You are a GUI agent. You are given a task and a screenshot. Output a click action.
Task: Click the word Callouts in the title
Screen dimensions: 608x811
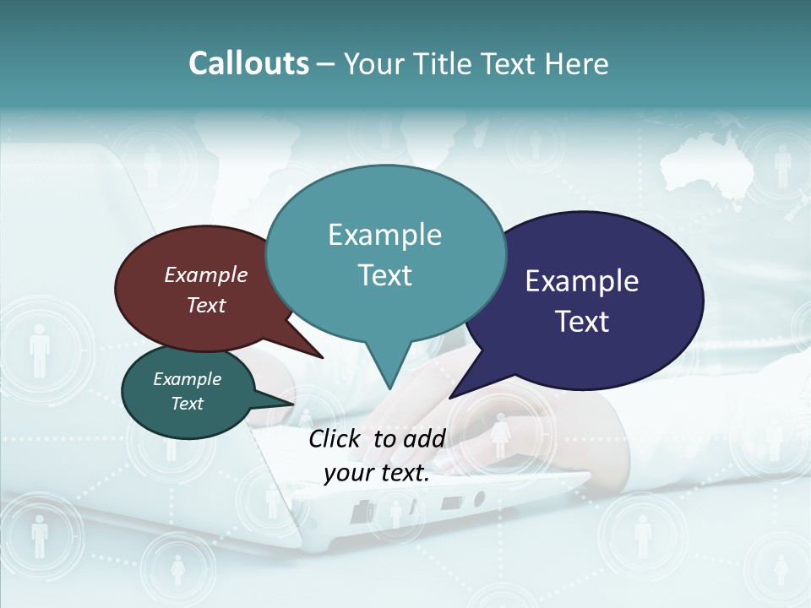(248, 63)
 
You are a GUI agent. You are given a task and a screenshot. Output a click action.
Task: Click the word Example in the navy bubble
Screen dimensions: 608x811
(582, 281)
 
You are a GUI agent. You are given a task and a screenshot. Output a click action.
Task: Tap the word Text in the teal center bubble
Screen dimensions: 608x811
(385, 275)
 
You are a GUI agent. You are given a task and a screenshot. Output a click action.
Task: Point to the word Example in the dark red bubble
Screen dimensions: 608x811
(206, 274)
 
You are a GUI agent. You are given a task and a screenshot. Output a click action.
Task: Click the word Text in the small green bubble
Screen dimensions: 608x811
(187, 404)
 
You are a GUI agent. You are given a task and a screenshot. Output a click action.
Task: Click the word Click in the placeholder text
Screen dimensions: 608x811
(335, 438)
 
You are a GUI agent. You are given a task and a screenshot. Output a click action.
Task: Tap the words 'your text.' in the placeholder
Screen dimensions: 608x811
(377, 474)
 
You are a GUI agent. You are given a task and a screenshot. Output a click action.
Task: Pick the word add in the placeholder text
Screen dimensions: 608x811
(424, 438)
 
